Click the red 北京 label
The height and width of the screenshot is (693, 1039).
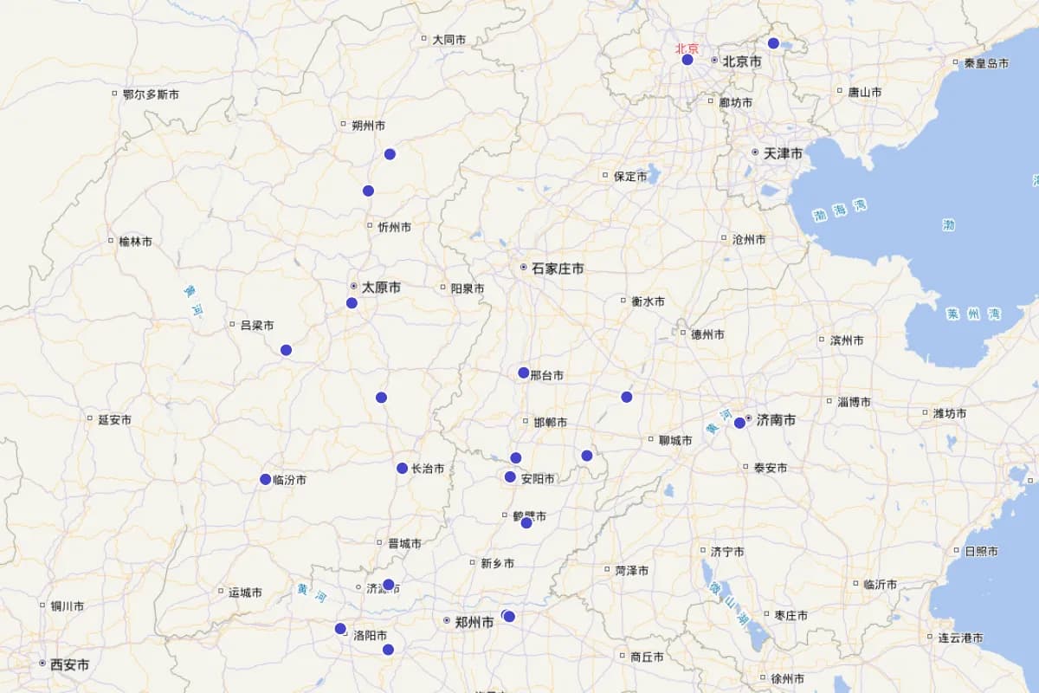687,49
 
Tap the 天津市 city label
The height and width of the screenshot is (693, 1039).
783,153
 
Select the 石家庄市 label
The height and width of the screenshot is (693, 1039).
557,269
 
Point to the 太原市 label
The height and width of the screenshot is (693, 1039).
381,287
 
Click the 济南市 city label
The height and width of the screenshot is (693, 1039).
776,420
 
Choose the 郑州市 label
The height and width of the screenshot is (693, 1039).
474,621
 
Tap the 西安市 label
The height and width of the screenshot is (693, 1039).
69,664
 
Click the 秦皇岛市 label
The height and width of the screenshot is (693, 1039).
986,63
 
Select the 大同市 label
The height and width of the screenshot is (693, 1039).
449,39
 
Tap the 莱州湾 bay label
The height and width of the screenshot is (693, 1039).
974,314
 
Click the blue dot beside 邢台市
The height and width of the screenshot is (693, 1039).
523,372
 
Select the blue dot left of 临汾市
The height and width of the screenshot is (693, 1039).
265,479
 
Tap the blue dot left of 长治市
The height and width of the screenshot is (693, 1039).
402,468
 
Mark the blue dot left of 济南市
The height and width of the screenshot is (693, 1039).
739,423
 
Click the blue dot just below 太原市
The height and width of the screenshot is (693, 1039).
352,302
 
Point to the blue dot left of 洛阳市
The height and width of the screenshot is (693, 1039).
340,628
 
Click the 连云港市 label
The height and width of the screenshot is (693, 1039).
960,638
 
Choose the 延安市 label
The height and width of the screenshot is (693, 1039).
114,420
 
